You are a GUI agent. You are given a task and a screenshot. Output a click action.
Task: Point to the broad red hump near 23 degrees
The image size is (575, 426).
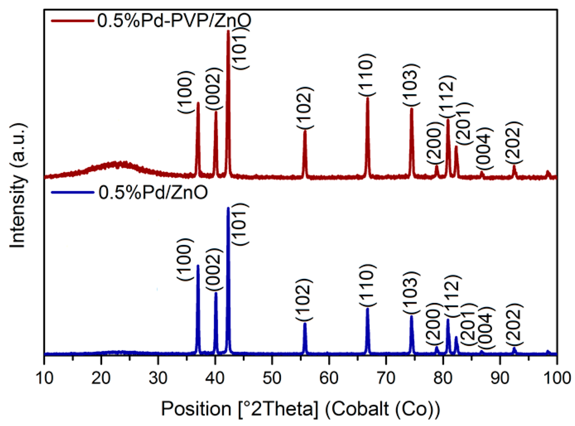pos(119,164)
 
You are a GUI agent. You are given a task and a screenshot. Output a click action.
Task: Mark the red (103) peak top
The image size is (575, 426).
pos(412,109)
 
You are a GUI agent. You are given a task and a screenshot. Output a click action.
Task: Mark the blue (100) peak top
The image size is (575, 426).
pos(198,266)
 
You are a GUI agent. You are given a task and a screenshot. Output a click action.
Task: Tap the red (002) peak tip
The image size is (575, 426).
pos(216,112)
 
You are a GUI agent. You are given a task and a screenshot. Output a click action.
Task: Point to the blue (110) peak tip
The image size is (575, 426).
pos(368,309)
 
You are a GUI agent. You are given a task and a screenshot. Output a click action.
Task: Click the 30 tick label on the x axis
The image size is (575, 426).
pos(158,379)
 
